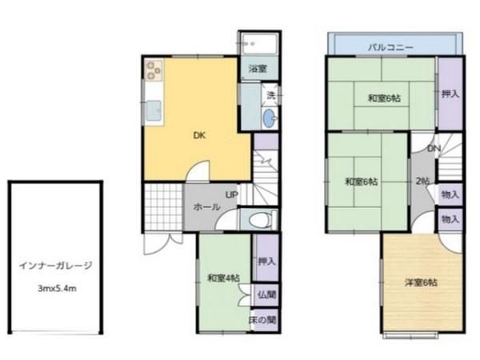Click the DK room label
coord(199,135)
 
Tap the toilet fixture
coord(258,220)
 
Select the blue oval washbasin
coord(270,118)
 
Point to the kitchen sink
coord(154,110)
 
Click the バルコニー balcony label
coord(390,47)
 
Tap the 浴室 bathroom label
coord(258,69)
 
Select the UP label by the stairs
coord(232,194)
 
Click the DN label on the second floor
coord(434,149)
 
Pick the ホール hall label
coord(206,207)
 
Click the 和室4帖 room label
coord(224,278)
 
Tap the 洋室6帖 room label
coord(421,282)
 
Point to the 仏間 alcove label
coord(266,294)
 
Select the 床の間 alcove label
coord(262,320)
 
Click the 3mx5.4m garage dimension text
coord(58,288)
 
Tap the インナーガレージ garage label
coord(56,266)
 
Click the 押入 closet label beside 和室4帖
coord(267,262)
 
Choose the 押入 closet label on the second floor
coord(450,94)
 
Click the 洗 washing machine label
coord(271,95)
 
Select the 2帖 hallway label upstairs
coord(422,182)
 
